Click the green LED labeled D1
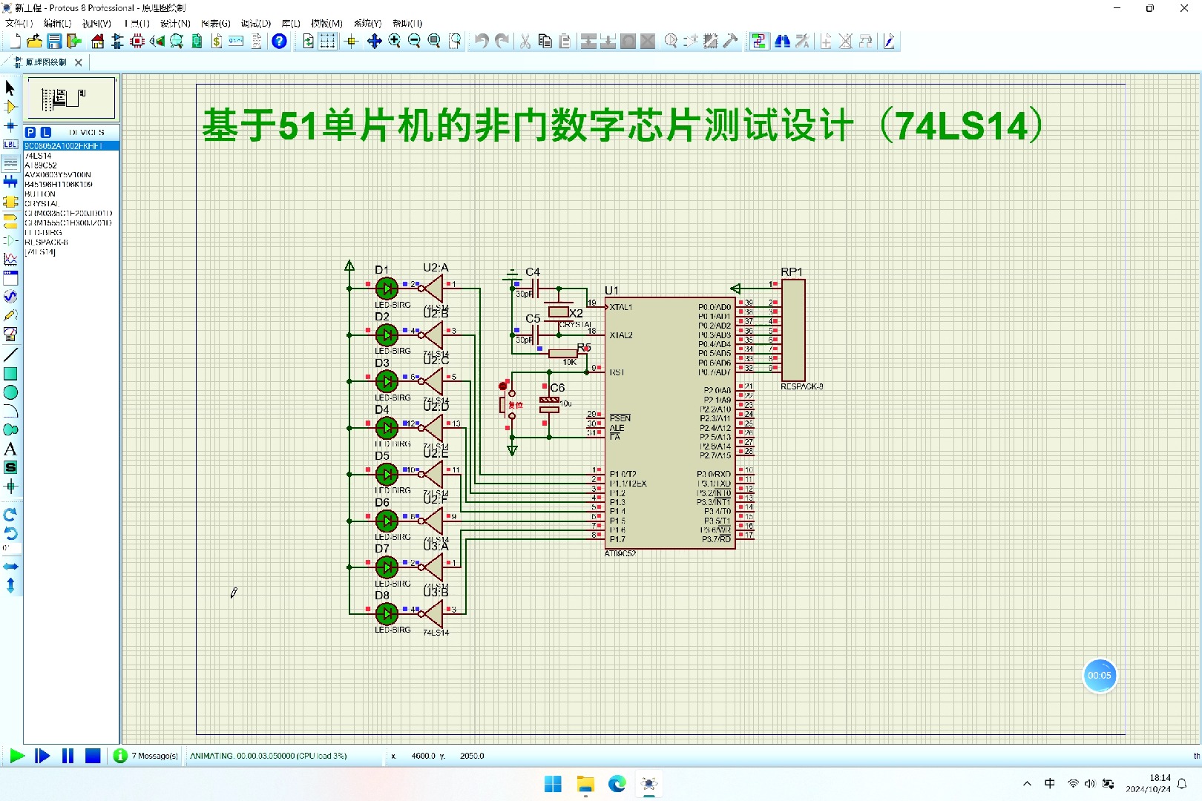[x=387, y=289]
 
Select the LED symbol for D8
[x=387, y=613]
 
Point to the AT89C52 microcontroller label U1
[x=611, y=290]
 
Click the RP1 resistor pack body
[x=792, y=330]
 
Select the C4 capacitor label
[x=533, y=272]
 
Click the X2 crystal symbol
[x=558, y=311]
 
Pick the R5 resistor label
[x=584, y=348]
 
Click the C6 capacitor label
[x=557, y=388]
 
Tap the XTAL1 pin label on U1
[x=621, y=307]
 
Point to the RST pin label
[x=617, y=372]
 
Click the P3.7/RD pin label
[x=716, y=539]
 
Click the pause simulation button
[x=68, y=756]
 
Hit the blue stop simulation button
[x=93, y=756]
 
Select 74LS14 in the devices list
[x=39, y=156]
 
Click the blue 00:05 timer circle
[x=1099, y=676]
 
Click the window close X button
[x=1184, y=8]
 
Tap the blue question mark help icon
[x=279, y=42]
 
